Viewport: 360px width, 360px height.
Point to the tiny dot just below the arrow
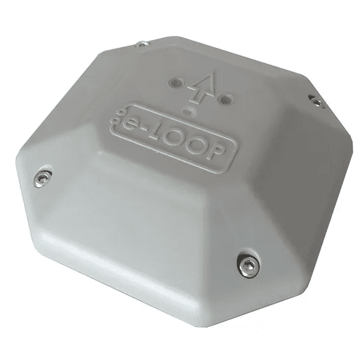point(186,111)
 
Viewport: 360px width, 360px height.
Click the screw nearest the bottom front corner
point(249,264)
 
